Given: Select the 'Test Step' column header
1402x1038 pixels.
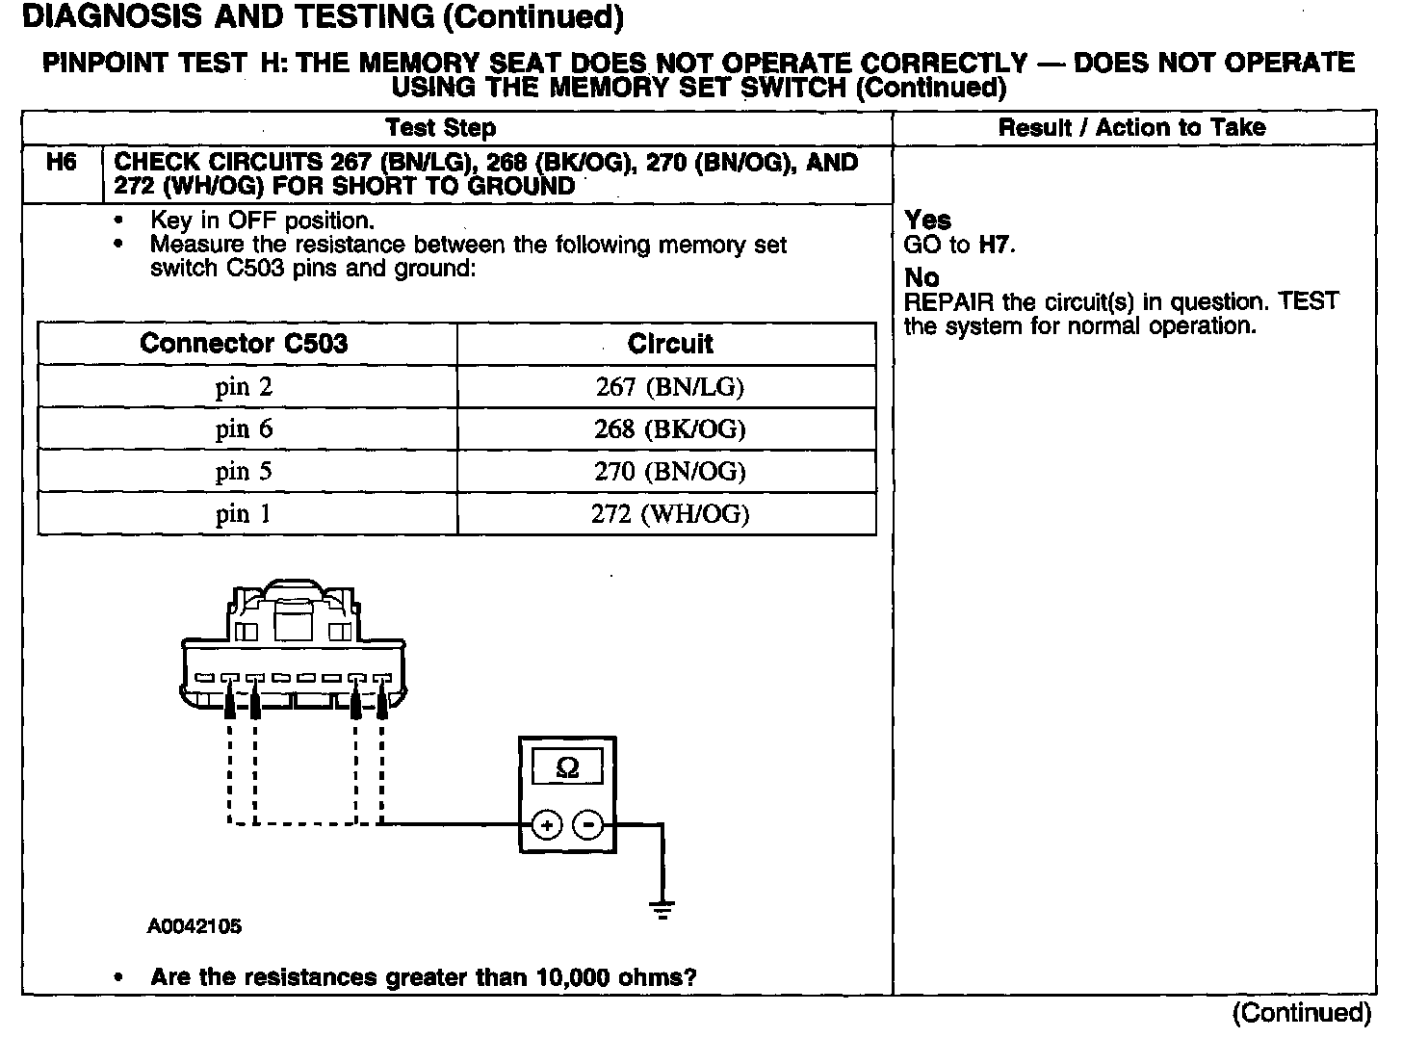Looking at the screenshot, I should (440, 128).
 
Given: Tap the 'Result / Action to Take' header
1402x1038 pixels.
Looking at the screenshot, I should (1131, 128).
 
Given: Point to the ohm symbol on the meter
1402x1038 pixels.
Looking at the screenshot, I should (568, 767).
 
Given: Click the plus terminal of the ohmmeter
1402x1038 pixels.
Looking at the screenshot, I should (547, 825).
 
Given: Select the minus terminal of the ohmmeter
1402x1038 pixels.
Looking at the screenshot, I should (588, 825).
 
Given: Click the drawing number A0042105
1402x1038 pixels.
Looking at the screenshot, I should (195, 927).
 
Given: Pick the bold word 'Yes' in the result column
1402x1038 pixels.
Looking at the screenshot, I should (927, 221).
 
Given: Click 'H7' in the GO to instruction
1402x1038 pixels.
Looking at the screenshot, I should (995, 245).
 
